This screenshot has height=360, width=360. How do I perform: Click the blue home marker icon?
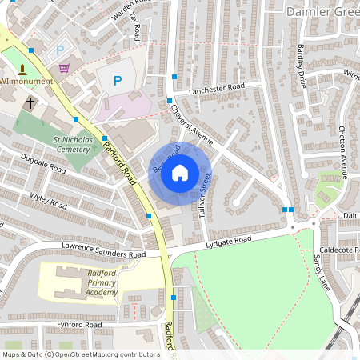click(x=180, y=172)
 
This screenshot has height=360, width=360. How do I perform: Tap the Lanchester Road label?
click(x=215, y=90)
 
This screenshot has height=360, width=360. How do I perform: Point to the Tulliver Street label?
click(x=203, y=192)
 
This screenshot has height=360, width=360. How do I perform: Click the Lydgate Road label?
click(x=228, y=240)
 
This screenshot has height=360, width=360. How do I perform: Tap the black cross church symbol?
click(x=30, y=102)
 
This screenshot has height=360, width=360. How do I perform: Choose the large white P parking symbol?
click(x=118, y=80)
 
